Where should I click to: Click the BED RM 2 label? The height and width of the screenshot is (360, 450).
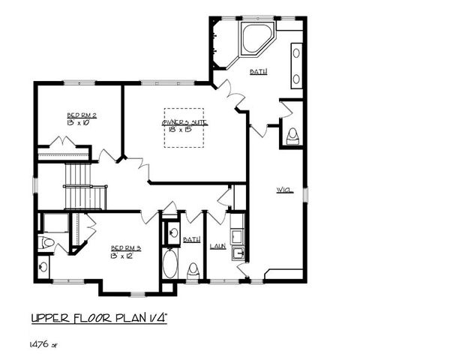click(x=82, y=115)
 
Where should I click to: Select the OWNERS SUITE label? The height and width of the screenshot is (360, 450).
click(x=184, y=122)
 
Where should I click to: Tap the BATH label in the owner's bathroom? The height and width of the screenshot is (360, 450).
click(x=259, y=72)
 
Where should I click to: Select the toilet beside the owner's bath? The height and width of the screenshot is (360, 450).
click(x=292, y=136)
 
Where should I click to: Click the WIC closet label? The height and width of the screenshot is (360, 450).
click(x=283, y=189)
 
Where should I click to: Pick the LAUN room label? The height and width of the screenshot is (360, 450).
click(x=218, y=245)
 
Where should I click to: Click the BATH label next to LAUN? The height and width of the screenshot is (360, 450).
click(x=192, y=239)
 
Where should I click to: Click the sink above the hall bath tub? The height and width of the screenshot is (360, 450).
click(x=172, y=233)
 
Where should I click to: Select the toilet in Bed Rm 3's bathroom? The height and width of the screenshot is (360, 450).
click(x=46, y=242)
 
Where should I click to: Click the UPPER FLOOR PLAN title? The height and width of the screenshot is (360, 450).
click(x=98, y=318)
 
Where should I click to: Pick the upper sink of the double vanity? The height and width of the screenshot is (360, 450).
click(x=295, y=53)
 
